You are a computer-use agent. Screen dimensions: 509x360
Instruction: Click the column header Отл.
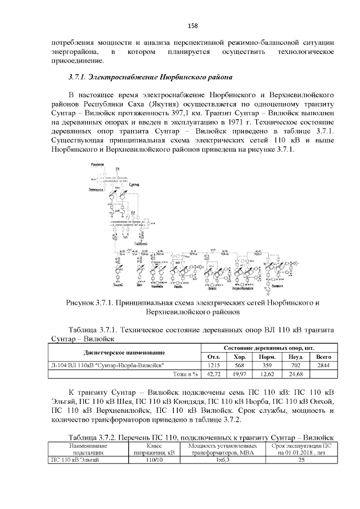click(x=214, y=357)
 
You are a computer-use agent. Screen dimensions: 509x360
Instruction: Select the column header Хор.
click(x=240, y=357)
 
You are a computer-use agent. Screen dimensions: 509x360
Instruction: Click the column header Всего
click(x=323, y=357)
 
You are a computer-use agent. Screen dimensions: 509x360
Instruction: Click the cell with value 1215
click(x=214, y=364)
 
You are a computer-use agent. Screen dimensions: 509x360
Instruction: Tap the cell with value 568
click(x=240, y=364)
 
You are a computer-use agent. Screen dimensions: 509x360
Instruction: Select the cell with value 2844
click(x=323, y=364)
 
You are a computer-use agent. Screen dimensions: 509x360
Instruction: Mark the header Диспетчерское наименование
click(x=124, y=353)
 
